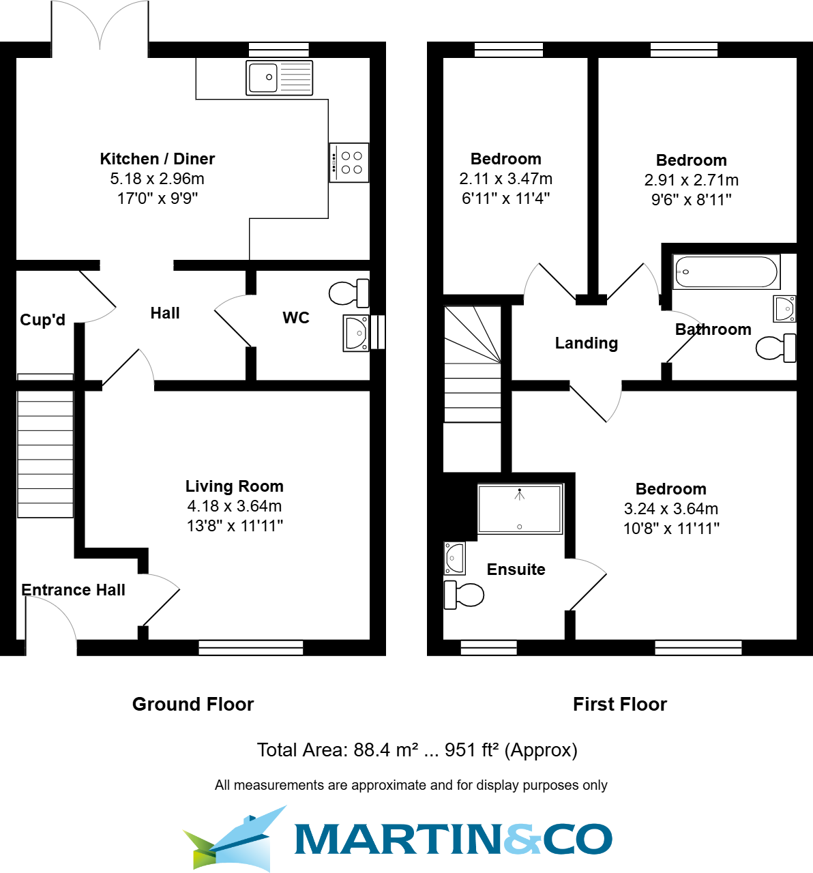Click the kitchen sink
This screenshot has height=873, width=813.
pyautogui.click(x=279, y=78)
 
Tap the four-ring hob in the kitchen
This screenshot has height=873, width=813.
pyautogui.click(x=349, y=162)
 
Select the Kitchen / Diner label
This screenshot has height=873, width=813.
pyautogui.click(x=158, y=159)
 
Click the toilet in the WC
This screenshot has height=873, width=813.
pyautogui.click(x=349, y=293)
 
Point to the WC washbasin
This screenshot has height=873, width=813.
pyautogui.click(x=355, y=333)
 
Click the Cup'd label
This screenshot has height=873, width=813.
pyautogui.click(x=42, y=320)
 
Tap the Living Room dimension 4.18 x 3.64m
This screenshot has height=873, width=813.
pyautogui.click(x=235, y=506)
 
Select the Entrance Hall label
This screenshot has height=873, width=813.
pyautogui.click(x=73, y=590)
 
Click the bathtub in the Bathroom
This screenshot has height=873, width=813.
pyautogui.click(x=726, y=272)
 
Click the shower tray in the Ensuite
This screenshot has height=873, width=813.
pyautogui.click(x=520, y=509)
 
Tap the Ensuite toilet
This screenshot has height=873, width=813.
pyautogui.click(x=464, y=595)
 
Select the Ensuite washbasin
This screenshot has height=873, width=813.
pyautogui.click(x=454, y=558)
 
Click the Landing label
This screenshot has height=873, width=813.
pyautogui.click(x=587, y=343)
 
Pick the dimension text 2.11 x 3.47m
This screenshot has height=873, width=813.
pyautogui.click(x=506, y=179)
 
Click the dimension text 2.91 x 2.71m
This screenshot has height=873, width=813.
pyautogui.click(x=692, y=180)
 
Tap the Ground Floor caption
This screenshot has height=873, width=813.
pyautogui.click(x=193, y=705)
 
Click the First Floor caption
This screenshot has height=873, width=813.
pyautogui.click(x=620, y=705)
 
